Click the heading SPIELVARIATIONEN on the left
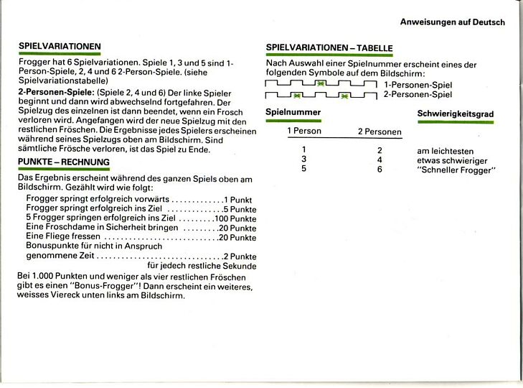59,47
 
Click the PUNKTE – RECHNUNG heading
63,162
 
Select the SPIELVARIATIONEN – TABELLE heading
329,48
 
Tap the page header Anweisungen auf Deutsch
452,22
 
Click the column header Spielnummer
293,113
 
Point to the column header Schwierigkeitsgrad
455,114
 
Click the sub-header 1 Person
304,131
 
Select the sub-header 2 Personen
379,132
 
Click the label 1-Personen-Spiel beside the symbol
418,85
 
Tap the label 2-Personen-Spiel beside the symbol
418,94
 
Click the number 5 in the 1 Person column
304,169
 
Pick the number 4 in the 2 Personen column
380,160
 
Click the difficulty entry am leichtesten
445,151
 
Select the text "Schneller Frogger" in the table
456,170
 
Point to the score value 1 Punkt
240,199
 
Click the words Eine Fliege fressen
62,237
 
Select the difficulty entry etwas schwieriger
451,160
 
